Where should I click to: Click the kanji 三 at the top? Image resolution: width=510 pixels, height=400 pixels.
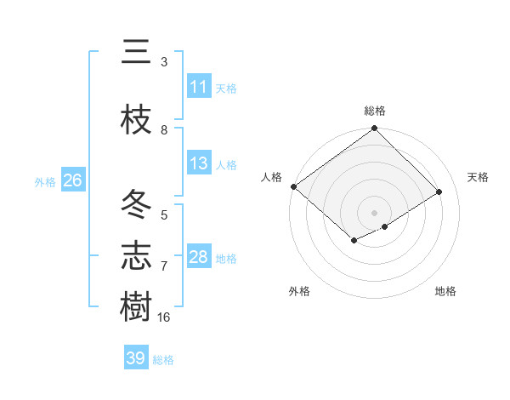tap(136, 52)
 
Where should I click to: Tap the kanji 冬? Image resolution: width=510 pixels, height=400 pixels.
tap(136, 205)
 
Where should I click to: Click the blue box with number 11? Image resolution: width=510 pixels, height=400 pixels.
tap(199, 87)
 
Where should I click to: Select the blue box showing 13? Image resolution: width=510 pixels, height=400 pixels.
tap(199, 163)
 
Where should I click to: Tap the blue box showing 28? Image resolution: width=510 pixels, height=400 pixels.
tap(199, 257)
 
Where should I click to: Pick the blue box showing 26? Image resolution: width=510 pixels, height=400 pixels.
tap(72, 180)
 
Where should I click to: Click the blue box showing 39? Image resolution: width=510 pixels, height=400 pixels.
tap(136, 358)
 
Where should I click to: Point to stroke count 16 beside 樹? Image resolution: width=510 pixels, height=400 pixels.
tap(164, 317)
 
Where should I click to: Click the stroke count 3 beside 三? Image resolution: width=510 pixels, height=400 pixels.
tap(164, 62)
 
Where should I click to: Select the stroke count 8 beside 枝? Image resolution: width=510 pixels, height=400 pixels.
tap(164, 129)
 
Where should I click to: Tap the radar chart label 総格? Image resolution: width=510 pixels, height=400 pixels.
tap(375, 111)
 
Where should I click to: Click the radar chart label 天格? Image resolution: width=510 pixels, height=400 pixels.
tap(479, 177)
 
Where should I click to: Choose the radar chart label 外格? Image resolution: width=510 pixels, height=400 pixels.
tap(299, 291)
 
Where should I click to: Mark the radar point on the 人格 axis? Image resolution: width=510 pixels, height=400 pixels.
tap(293, 186)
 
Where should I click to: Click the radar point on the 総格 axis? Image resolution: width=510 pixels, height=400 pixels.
tap(375, 129)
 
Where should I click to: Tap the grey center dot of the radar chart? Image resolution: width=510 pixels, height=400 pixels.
tap(374, 211)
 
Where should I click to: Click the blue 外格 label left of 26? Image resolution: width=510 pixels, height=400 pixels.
tap(45, 181)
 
